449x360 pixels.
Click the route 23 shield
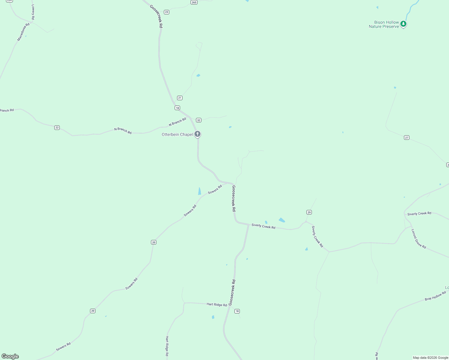click(x=167, y=12)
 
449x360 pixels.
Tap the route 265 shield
click(x=194, y=2)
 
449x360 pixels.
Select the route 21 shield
click(x=179, y=98)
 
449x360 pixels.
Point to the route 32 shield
click(x=199, y=120)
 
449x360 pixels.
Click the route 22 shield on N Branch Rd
click(x=57, y=127)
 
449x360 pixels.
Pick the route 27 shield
click(x=407, y=137)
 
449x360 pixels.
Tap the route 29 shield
click(x=309, y=212)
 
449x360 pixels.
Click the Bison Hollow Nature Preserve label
click(x=384, y=24)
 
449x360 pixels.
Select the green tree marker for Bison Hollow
click(x=403, y=24)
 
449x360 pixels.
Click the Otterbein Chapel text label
click(x=177, y=134)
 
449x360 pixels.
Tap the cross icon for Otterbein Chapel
click(x=197, y=134)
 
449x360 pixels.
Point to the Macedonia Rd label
click(x=23, y=32)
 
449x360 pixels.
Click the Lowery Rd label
click(x=33, y=12)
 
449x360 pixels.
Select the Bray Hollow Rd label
click(x=435, y=296)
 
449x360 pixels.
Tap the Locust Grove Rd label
click(x=418, y=239)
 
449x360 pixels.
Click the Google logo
click(x=10, y=356)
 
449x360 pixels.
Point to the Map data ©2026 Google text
click(x=430, y=358)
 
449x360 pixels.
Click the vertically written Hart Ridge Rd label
click(x=167, y=346)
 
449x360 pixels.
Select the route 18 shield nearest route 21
click(x=177, y=108)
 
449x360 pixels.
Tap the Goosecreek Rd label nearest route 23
click(x=156, y=16)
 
